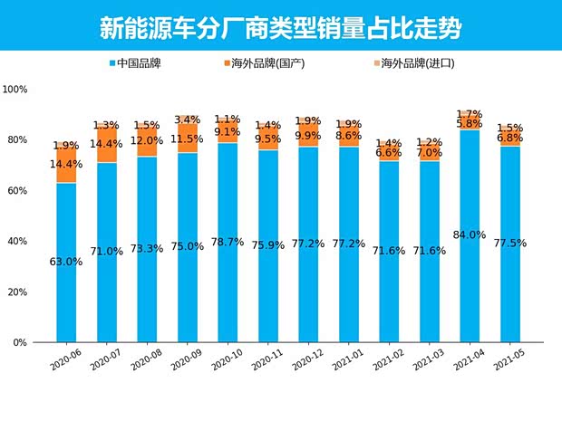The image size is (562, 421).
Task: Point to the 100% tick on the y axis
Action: (15, 90)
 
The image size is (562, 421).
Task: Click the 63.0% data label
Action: (66, 262)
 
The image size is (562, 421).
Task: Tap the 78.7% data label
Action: (228, 242)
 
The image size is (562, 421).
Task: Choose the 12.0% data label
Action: (147, 141)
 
